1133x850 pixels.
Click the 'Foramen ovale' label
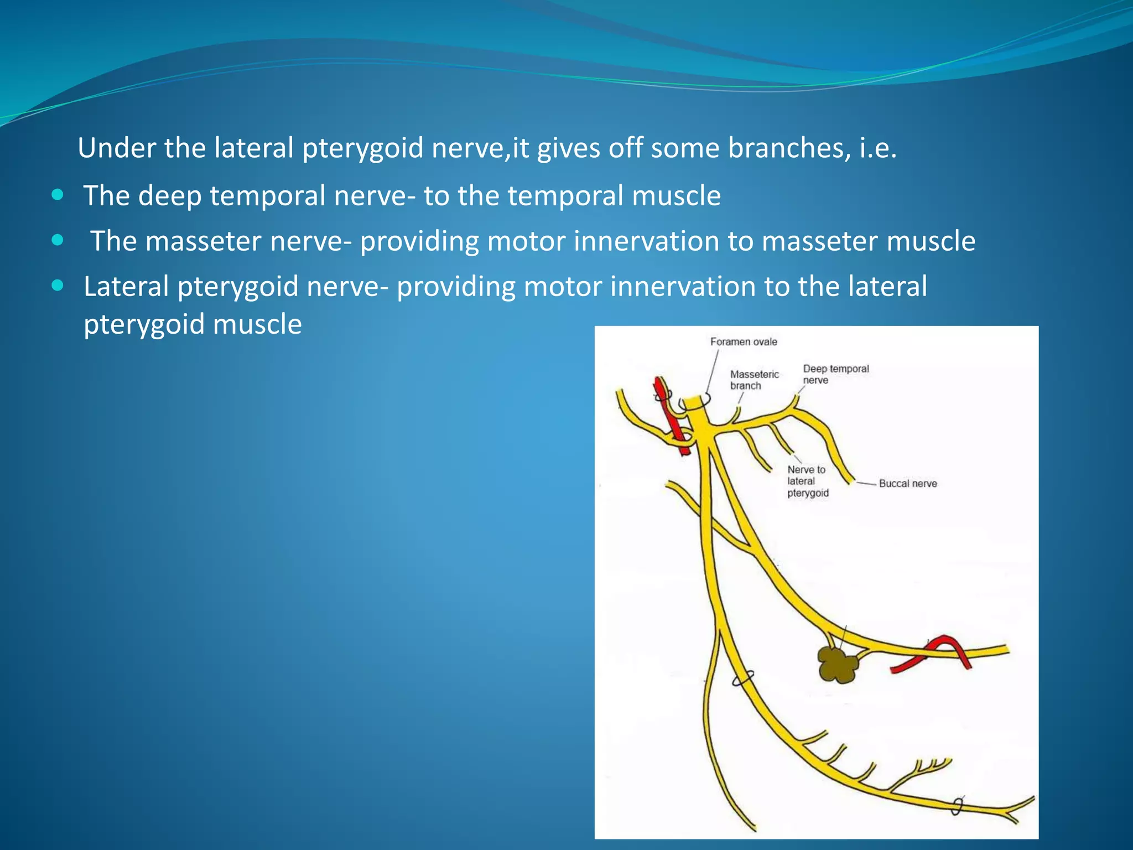coord(743,342)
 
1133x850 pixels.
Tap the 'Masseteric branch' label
coord(753,380)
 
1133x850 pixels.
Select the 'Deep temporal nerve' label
coord(835,374)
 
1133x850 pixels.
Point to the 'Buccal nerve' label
coord(908,484)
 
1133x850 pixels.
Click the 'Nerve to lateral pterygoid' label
coord(808,481)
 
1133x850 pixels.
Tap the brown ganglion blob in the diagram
coord(837,665)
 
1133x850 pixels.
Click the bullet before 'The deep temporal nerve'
coord(58,195)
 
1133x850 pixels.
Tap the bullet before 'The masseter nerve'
coord(58,241)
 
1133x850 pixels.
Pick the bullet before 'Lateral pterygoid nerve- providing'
coord(58,286)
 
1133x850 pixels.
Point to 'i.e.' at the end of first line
coord(877,148)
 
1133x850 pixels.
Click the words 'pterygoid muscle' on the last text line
coord(193,324)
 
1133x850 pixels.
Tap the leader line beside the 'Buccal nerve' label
coord(867,484)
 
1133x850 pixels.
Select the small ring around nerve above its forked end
coord(958,806)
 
